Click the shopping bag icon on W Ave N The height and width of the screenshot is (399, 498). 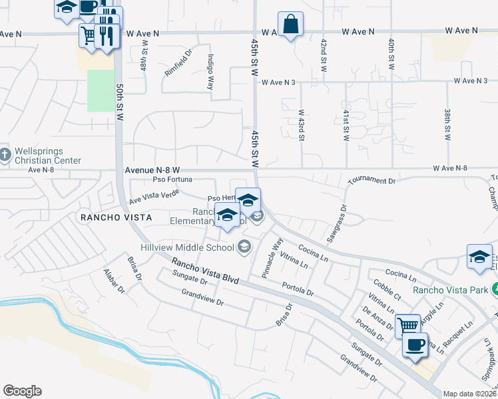coord(290,25)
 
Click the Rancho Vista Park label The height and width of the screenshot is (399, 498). coord(449,289)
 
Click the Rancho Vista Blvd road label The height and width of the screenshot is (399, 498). coord(202,272)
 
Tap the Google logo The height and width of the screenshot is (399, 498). coord(22,391)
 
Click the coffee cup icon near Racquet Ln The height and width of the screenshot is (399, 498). coord(416,345)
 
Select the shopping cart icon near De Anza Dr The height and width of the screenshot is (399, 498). coord(407,325)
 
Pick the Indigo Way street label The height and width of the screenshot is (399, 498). coord(210,71)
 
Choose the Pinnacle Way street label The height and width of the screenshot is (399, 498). coord(274,251)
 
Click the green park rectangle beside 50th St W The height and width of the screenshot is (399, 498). coord(100,90)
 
